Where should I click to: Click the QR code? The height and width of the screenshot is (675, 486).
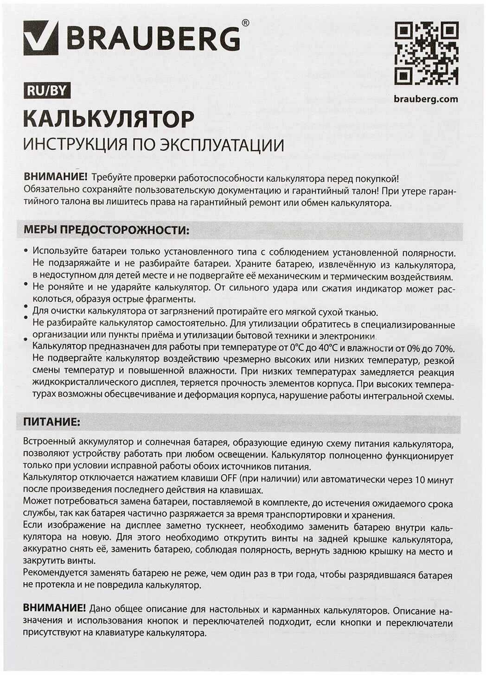tap(426, 53)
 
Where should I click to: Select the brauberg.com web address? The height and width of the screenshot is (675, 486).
tap(426, 99)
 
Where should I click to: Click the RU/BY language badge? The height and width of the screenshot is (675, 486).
tap(47, 90)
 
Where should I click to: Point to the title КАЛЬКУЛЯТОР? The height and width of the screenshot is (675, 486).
tap(109, 119)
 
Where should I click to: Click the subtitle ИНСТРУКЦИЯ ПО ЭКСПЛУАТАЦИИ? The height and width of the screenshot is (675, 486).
tap(153, 145)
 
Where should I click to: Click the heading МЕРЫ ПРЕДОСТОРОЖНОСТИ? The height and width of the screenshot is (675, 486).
tap(107, 231)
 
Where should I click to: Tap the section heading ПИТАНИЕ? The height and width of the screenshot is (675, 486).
tap(51, 422)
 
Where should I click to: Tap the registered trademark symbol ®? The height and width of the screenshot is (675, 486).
tap(246, 22)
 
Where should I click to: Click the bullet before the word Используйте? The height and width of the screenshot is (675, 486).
tap(26, 251)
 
